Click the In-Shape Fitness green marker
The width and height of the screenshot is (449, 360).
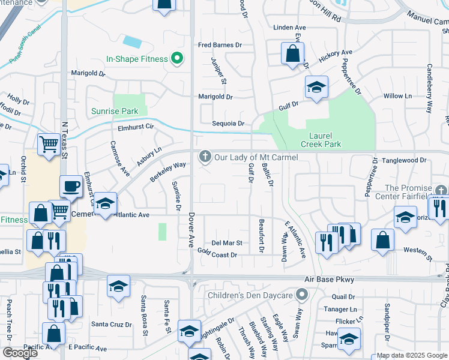pos(176,59)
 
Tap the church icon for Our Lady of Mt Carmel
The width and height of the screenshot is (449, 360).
pos(205,157)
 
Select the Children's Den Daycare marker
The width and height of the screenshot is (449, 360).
pos(303,295)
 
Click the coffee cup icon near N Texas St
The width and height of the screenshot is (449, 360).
pos(71,187)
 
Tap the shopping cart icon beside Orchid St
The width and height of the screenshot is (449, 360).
pos(49,143)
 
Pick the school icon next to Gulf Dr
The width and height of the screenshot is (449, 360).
pos(316,87)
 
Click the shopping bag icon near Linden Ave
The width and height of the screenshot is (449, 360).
pos(292,53)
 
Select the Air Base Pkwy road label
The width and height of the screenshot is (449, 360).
pos(330,280)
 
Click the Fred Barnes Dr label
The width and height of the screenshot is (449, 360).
pos(220,45)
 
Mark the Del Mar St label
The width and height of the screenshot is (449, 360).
pos(226,243)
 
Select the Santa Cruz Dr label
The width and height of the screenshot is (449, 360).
pos(111,324)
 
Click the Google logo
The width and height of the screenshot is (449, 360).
pos(20,353)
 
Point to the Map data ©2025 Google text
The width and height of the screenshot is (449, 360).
pos(411,355)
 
